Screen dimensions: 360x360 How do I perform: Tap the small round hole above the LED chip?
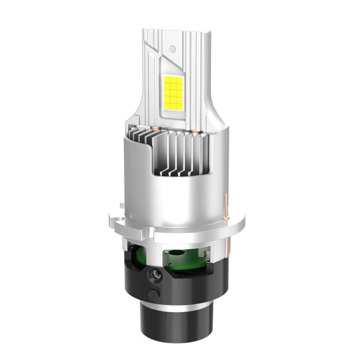(171, 49)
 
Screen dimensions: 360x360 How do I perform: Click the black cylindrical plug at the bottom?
(173, 328)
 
